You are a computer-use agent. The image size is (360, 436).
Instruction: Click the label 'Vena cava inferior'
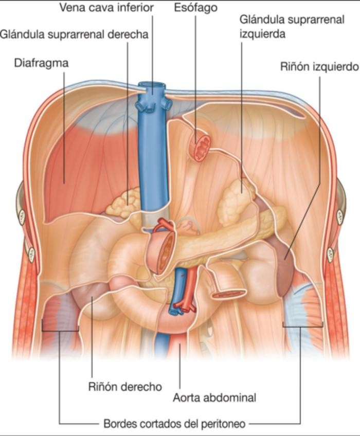coord(106,8)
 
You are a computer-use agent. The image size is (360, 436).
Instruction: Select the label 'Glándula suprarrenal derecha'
coord(74,35)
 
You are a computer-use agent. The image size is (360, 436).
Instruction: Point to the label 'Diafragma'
coord(41,63)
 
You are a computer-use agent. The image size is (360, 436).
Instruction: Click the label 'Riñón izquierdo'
coord(319,67)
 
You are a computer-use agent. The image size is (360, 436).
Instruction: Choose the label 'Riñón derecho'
coord(124,387)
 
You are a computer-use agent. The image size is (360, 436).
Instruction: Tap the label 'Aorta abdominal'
coord(214,397)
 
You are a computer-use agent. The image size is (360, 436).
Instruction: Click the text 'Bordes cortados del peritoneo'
coord(174,424)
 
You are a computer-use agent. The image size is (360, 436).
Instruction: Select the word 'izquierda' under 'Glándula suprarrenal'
coord(262,33)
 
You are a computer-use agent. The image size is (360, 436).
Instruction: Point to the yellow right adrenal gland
coord(123,203)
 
